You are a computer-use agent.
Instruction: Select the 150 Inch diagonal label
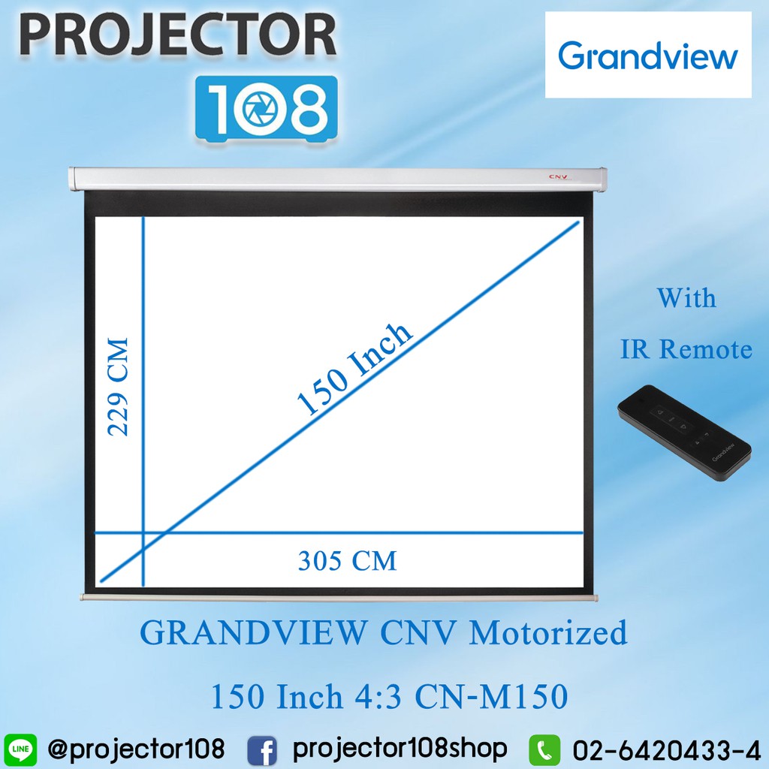[x=355, y=369]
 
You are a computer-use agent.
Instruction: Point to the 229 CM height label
[x=119, y=387]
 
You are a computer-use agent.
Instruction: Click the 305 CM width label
[x=347, y=560]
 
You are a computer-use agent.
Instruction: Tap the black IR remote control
[x=683, y=433]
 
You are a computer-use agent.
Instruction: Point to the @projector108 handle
[x=136, y=748]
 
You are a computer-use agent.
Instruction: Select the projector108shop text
[x=400, y=748]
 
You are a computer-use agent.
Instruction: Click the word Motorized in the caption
[x=547, y=633]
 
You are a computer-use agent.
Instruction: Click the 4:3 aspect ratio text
[x=375, y=698]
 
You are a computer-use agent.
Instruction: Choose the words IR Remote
[x=686, y=349]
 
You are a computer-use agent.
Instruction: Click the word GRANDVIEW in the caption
[x=255, y=633]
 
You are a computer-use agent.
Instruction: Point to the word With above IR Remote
[x=686, y=298]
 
